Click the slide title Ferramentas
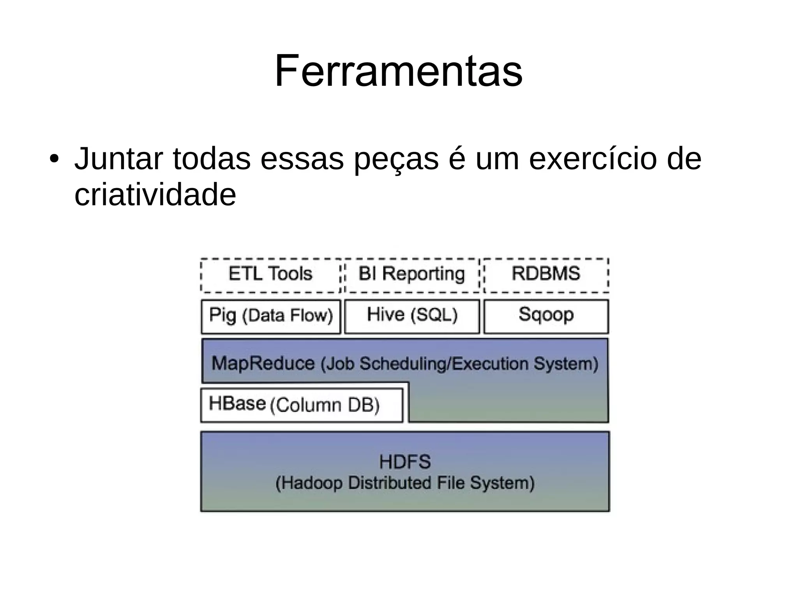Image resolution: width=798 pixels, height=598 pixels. (x=398, y=72)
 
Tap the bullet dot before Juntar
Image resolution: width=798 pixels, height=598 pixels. (x=54, y=159)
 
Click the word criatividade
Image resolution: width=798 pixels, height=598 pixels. (x=155, y=195)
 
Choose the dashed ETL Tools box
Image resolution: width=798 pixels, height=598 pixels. (x=270, y=275)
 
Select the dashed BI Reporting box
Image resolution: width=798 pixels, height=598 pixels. (x=412, y=275)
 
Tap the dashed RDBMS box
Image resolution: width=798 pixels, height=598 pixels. (x=546, y=275)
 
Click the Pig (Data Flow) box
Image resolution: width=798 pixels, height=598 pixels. (x=271, y=316)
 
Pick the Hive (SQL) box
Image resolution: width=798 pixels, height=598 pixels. (x=412, y=316)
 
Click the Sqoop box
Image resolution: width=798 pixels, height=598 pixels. (x=546, y=316)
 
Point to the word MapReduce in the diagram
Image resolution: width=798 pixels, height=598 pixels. (x=263, y=363)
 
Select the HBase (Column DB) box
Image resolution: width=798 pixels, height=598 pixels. (x=302, y=405)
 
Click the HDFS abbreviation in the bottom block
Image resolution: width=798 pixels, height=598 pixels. (x=405, y=462)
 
